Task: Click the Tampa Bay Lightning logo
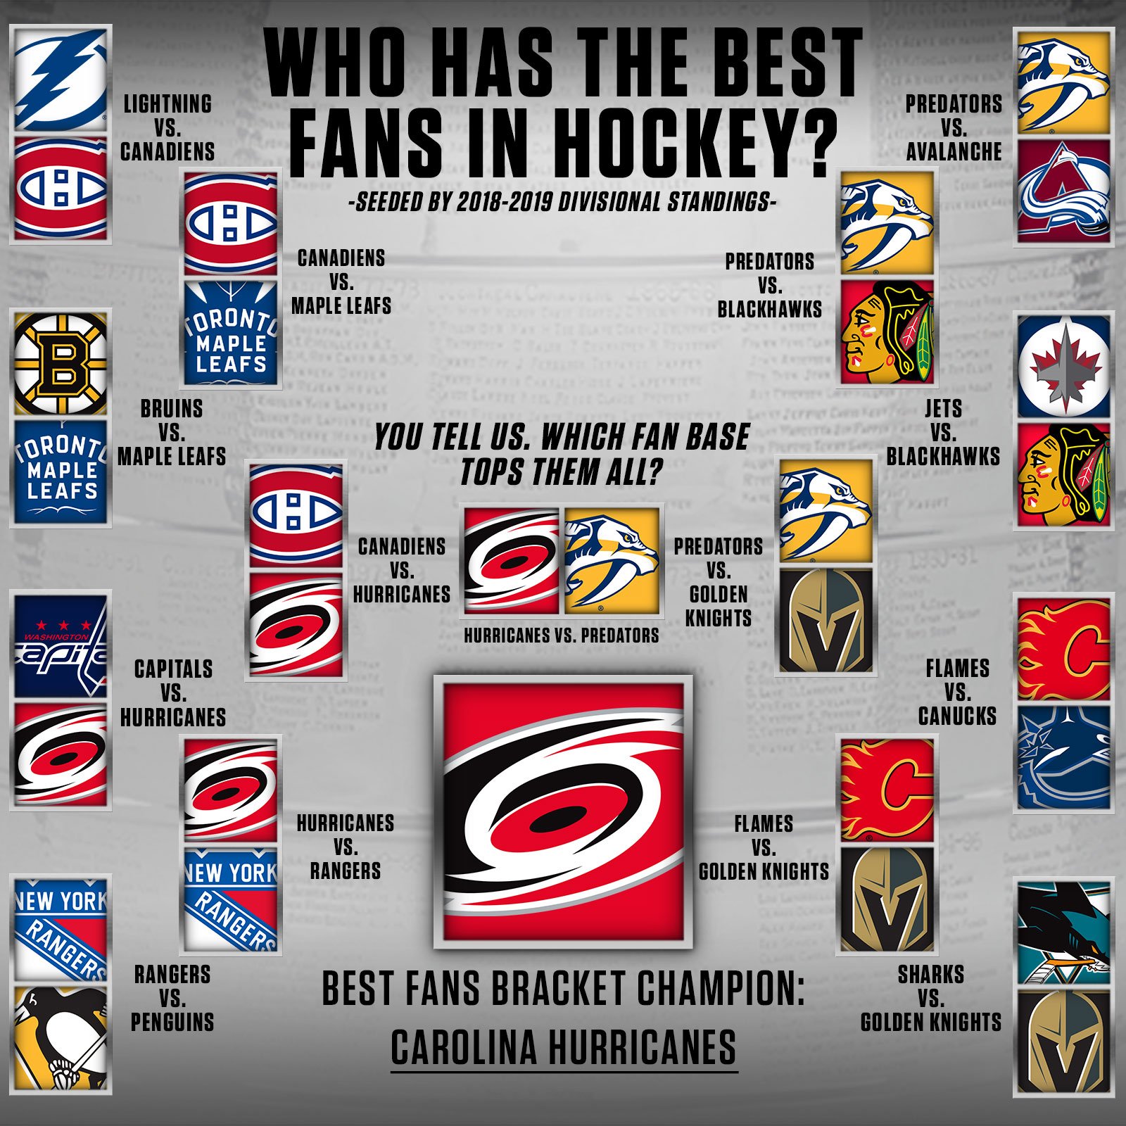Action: click(61, 79)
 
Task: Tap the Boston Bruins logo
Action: click(61, 364)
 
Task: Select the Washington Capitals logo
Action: click(61, 646)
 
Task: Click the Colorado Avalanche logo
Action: click(1063, 191)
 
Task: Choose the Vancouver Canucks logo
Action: click(1063, 757)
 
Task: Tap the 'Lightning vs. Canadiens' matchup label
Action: click(167, 128)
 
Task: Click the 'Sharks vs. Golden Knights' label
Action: click(930, 998)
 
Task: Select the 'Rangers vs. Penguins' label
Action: click(172, 998)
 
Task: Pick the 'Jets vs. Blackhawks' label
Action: click(943, 432)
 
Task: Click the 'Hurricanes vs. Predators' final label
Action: click(561, 635)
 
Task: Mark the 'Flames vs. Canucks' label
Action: click(957, 692)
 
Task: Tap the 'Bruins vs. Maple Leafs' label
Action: click(172, 432)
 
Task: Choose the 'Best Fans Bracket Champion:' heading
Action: click(563, 988)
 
